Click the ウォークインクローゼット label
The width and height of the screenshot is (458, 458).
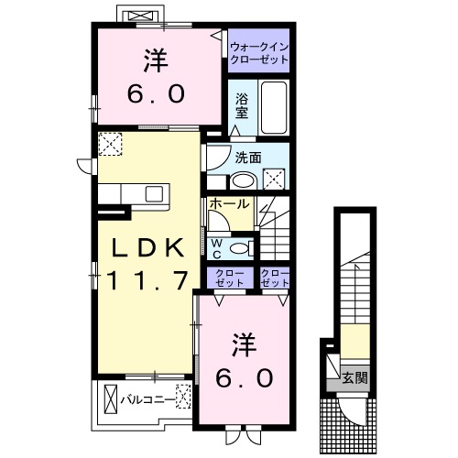click(259, 53)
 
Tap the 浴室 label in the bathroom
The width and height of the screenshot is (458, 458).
click(242, 106)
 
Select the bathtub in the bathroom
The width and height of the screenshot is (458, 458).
click(274, 107)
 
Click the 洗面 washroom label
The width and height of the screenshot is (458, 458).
click(248, 158)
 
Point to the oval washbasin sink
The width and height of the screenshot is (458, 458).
click(244, 181)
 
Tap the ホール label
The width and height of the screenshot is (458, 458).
click(230, 203)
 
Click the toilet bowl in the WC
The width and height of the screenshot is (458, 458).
click(240, 248)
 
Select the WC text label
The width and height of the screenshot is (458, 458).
click(217, 249)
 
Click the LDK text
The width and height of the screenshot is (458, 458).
click(148, 247)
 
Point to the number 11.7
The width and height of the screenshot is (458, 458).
click(147, 281)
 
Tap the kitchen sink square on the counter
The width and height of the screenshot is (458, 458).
click(154, 194)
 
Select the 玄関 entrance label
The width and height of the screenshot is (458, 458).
click(354, 378)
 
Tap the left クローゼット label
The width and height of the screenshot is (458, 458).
click(230, 278)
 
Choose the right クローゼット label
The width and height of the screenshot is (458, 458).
click(275, 278)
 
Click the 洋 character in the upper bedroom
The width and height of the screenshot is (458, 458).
click(156, 60)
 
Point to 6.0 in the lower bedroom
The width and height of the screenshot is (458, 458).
click(245, 377)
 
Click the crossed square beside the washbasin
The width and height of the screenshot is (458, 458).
click(274, 179)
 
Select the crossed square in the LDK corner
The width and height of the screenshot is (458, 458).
click(110, 144)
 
